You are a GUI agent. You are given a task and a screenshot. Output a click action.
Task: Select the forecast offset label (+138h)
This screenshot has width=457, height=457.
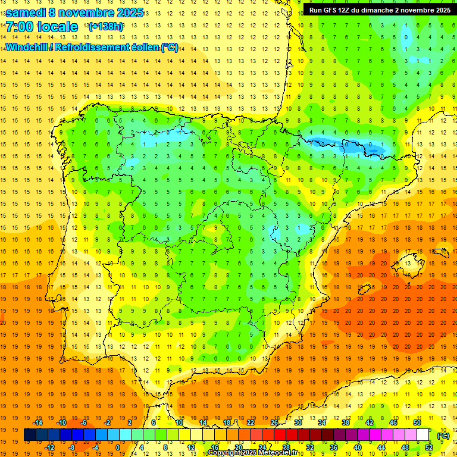[x=105, y=27]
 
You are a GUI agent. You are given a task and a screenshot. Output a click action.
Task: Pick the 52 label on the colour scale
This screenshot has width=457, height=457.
[x=429, y=447]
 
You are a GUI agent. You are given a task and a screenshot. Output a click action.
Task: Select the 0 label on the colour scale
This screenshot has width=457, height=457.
[x=118, y=447]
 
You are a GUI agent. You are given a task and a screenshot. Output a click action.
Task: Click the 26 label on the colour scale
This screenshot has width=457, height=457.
[x=274, y=422]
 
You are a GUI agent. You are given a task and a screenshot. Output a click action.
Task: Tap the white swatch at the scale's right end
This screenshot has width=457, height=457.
[x=423, y=435]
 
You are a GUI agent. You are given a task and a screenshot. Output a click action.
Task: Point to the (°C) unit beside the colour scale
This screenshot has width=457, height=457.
[x=443, y=435]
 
